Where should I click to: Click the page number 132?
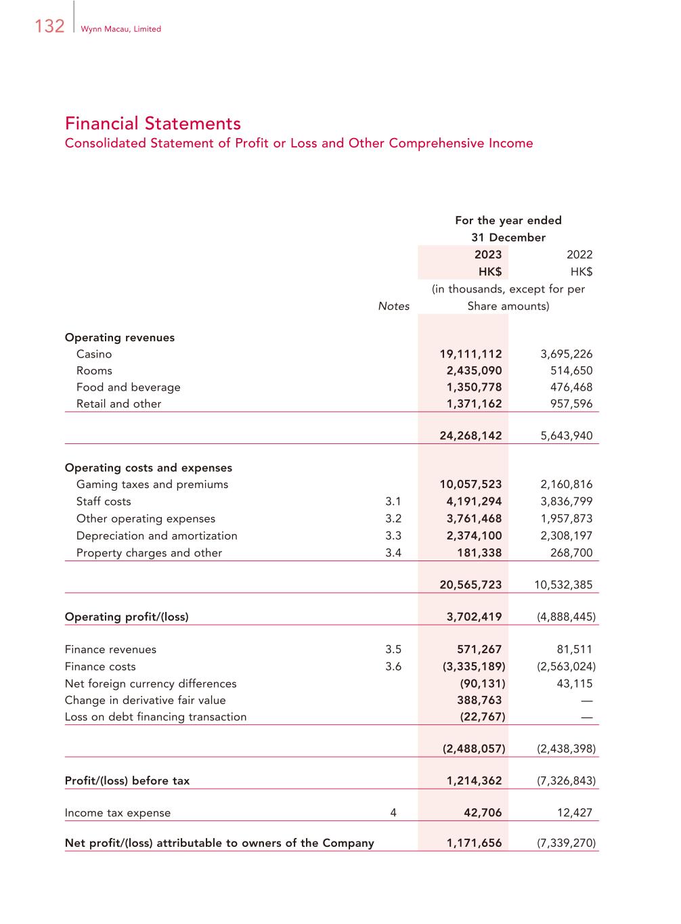[49, 26]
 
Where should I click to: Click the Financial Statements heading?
[152, 123]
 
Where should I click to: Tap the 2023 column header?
[487, 255]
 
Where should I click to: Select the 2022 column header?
[579, 255]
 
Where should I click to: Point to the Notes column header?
[393, 306]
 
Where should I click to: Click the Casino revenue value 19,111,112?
[470, 354]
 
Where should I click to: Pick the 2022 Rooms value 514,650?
[571, 371]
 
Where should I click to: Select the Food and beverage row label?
[128, 387]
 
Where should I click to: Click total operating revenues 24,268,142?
[470, 436]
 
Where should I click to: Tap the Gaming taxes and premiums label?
[152, 485]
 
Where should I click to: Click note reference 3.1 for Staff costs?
[393, 502]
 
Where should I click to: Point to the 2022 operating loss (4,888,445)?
[566, 617]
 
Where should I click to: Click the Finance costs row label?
[100, 667]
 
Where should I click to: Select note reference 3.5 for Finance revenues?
[393, 650]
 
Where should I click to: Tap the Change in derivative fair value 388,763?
[479, 701]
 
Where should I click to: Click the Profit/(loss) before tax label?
[127, 780]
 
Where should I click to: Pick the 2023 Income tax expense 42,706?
[483, 813]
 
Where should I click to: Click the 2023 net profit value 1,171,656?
[474, 843]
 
